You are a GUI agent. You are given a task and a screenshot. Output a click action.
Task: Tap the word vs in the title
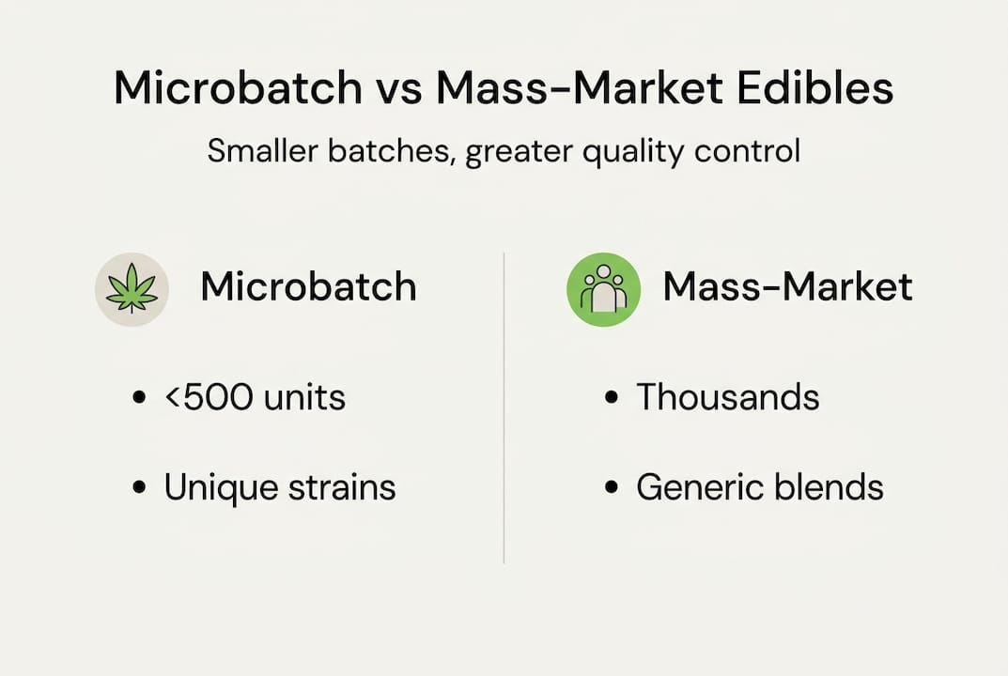pyautogui.click(x=398, y=88)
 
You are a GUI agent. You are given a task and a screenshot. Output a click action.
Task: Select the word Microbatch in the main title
pyautogui.click(x=238, y=88)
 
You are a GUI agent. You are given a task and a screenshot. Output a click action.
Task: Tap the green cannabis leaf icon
pyautogui.click(x=132, y=288)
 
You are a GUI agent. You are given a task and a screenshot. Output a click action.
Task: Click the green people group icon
pyautogui.click(x=603, y=288)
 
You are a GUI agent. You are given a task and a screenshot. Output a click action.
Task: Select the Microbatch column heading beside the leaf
pyautogui.click(x=308, y=287)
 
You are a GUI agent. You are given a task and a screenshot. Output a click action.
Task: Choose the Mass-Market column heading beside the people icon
pyautogui.click(x=787, y=287)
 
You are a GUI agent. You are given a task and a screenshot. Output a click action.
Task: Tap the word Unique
pyautogui.click(x=222, y=487)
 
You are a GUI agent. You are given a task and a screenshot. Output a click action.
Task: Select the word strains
pyautogui.click(x=343, y=487)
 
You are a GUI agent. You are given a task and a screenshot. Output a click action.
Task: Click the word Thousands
pyautogui.click(x=727, y=397)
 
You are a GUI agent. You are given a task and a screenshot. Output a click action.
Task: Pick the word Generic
pyautogui.click(x=702, y=487)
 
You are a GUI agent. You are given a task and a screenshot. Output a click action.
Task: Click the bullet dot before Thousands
pyautogui.click(x=612, y=398)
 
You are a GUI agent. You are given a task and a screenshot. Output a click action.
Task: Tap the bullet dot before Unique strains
pyautogui.click(x=140, y=488)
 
